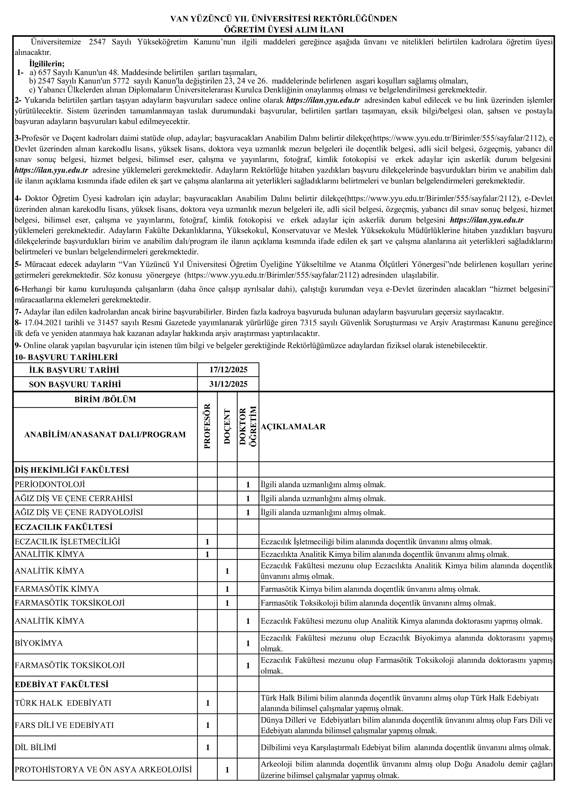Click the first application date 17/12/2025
pyautogui.click(x=228, y=370)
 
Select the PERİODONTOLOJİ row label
pyautogui.click(x=50, y=485)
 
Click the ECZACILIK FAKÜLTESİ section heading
pyautogui.click(x=64, y=527)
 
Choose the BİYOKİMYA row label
pyautogui.click(x=39, y=643)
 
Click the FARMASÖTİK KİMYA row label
pyautogui.click(x=57, y=589)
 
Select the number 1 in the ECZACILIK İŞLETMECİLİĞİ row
pyautogui.click(x=207, y=542)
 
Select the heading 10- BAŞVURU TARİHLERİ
pyautogui.click(x=66, y=357)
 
